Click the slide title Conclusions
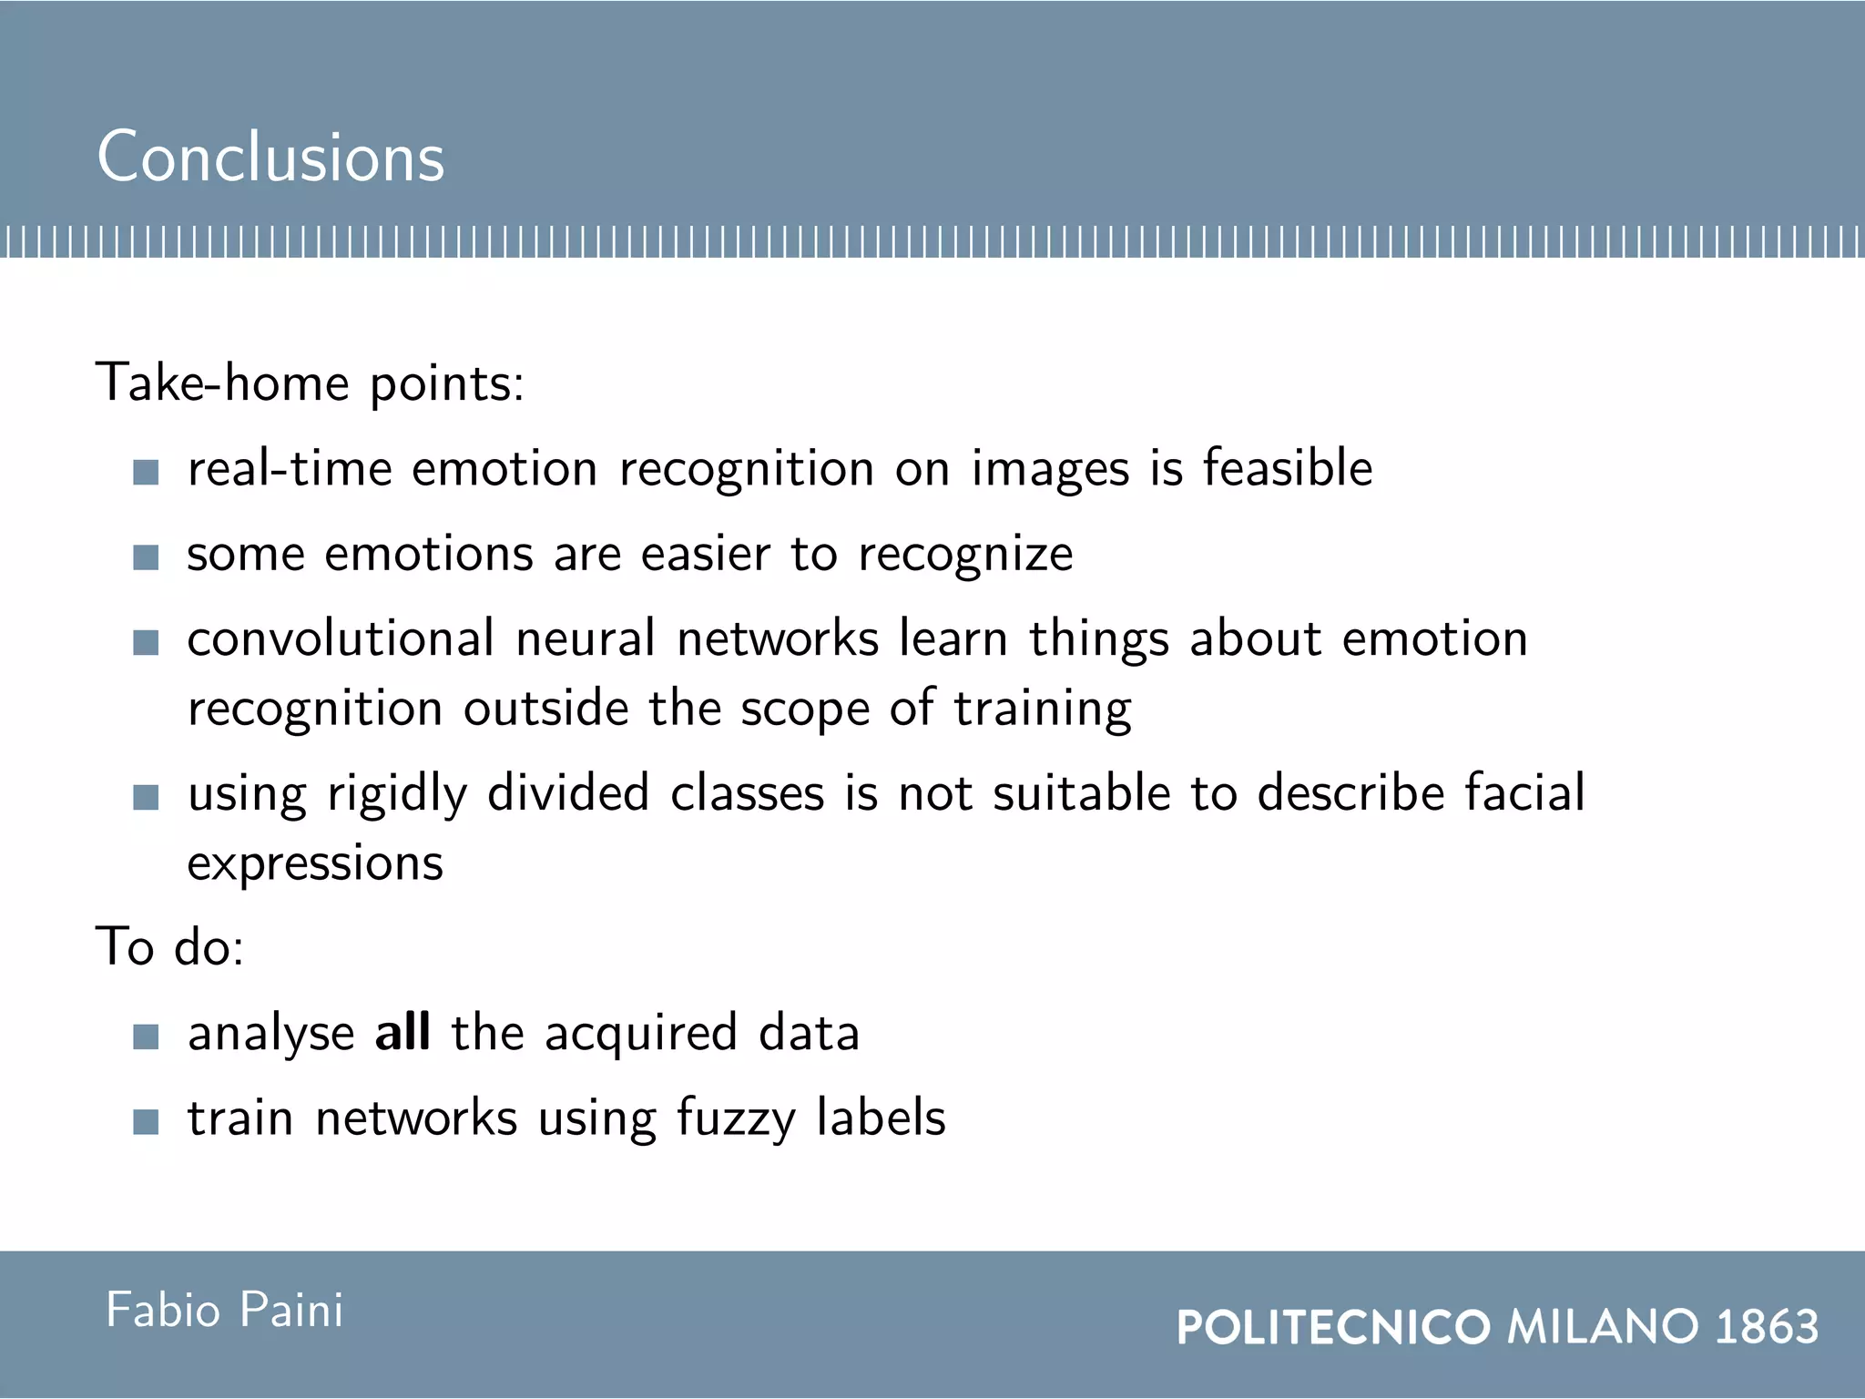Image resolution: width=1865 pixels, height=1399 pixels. coord(270,157)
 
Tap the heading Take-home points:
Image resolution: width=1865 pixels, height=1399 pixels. coord(310,383)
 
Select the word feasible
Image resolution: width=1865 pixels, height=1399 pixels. coord(1287,468)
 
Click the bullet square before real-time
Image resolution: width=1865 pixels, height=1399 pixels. coord(146,472)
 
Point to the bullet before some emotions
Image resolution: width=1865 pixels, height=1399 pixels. coord(146,557)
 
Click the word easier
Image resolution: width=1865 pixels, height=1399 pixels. coord(706,554)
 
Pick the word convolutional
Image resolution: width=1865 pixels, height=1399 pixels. coord(341,638)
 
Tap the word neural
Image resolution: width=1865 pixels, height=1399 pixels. coord(585,638)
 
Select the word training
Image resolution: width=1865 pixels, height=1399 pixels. coord(1043,709)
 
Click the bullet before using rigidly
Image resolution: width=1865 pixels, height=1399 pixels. coord(146,798)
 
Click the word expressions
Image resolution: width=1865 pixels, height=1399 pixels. coord(315,863)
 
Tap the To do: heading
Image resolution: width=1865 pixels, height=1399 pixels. coord(170,947)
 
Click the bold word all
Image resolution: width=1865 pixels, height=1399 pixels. coord(403,1033)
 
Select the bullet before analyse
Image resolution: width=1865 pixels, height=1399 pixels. coord(146,1036)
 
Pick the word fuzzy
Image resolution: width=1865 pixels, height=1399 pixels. coord(736,1118)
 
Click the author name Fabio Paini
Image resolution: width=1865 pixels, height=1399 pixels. coord(225,1310)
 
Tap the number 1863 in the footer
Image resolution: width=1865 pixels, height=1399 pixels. coord(1767,1326)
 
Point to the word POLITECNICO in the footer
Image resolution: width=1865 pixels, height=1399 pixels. coord(1333,1326)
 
